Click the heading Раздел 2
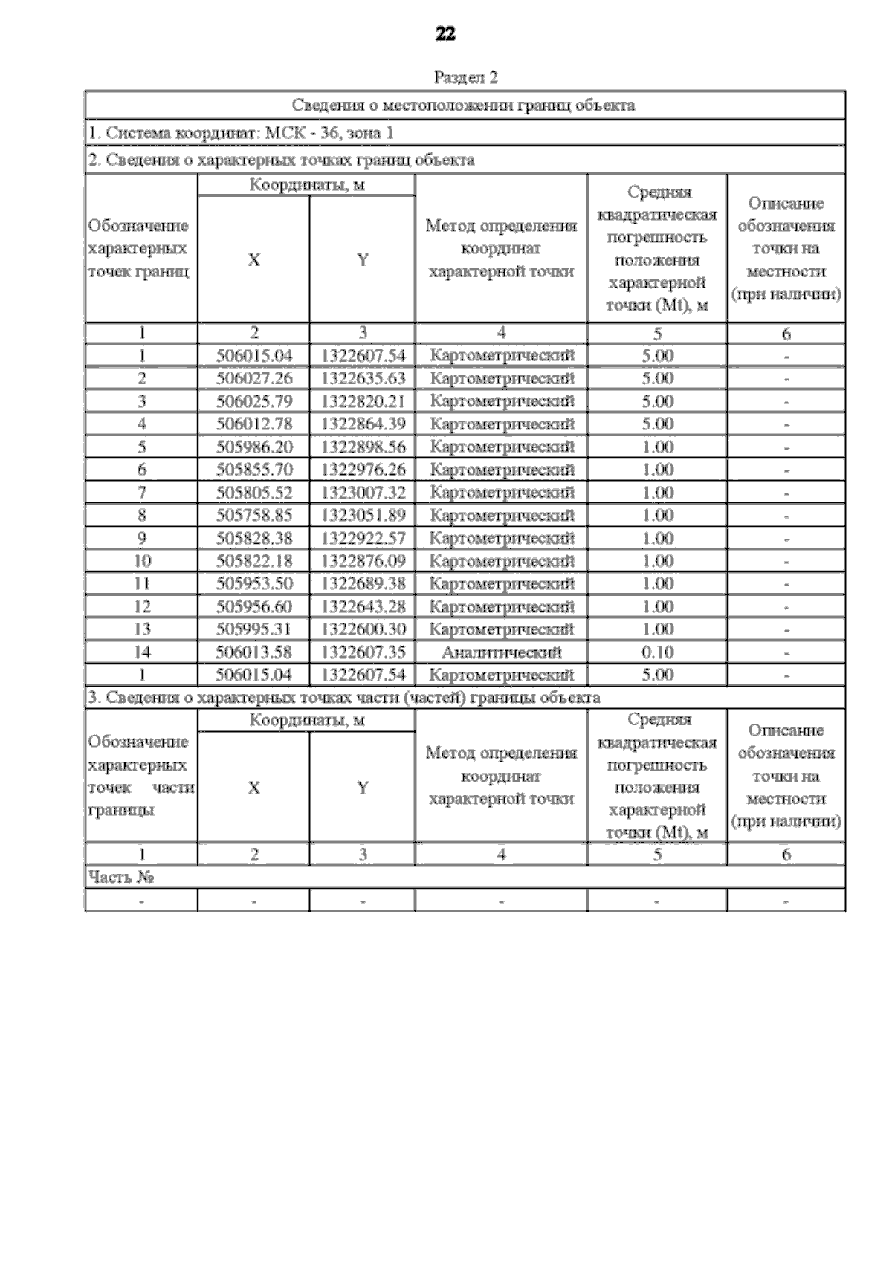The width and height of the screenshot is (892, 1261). coord(465,77)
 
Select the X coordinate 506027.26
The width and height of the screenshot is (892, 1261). coord(254,378)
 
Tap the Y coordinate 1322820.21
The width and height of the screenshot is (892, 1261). coord(363,401)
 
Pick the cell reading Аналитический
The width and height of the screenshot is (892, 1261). coord(502,652)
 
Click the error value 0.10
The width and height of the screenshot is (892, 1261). coord(658,652)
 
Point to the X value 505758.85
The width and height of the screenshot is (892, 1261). coord(254,515)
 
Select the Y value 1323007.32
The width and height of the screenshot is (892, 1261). coord(363,493)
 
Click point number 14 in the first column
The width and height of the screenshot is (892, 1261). coord(141,652)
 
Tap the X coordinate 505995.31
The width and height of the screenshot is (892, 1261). coord(254,629)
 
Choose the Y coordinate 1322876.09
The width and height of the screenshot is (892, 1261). coord(363,561)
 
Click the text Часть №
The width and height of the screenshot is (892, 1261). coord(121,878)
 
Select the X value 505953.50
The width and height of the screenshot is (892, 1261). coord(254,584)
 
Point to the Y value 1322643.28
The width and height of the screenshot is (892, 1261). coord(363,606)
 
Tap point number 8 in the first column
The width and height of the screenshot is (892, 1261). coord(141,515)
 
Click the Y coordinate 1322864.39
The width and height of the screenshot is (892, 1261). coord(363,424)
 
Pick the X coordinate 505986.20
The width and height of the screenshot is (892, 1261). coord(254,447)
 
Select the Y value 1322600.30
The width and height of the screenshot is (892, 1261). coord(363,629)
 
